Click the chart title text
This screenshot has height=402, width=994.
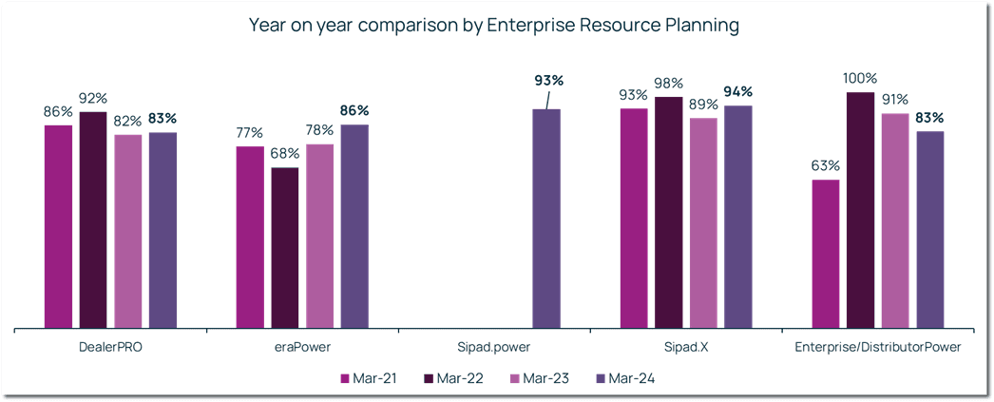pyautogui.click(x=493, y=26)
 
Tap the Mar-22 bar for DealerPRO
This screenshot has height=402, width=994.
pyautogui.click(x=93, y=220)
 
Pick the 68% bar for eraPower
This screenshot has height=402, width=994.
pyautogui.click(x=284, y=248)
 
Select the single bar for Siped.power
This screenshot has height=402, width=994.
pyautogui.click(x=545, y=219)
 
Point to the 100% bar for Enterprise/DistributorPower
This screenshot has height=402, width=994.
pyautogui.click(x=860, y=210)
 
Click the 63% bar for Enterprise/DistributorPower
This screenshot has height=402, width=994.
pyautogui.click(x=825, y=254)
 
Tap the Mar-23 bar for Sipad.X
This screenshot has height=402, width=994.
pyautogui.click(x=703, y=223)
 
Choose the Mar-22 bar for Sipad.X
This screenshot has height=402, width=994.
pyautogui.click(x=668, y=212)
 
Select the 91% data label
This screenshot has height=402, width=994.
pyautogui.click(x=894, y=100)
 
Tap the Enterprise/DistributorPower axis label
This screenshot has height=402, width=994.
pyautogui.click(x=877, y=348)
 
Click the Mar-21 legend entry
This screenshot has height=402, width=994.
pyautogui.click(x=369, y=379)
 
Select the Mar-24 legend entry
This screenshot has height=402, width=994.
pyautogui.click(x=624, y=379)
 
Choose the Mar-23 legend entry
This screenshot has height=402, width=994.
pyautogui.click(x=539, y=379)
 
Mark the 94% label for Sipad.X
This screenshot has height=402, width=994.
pyautogui.click(x=737, y=92)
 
